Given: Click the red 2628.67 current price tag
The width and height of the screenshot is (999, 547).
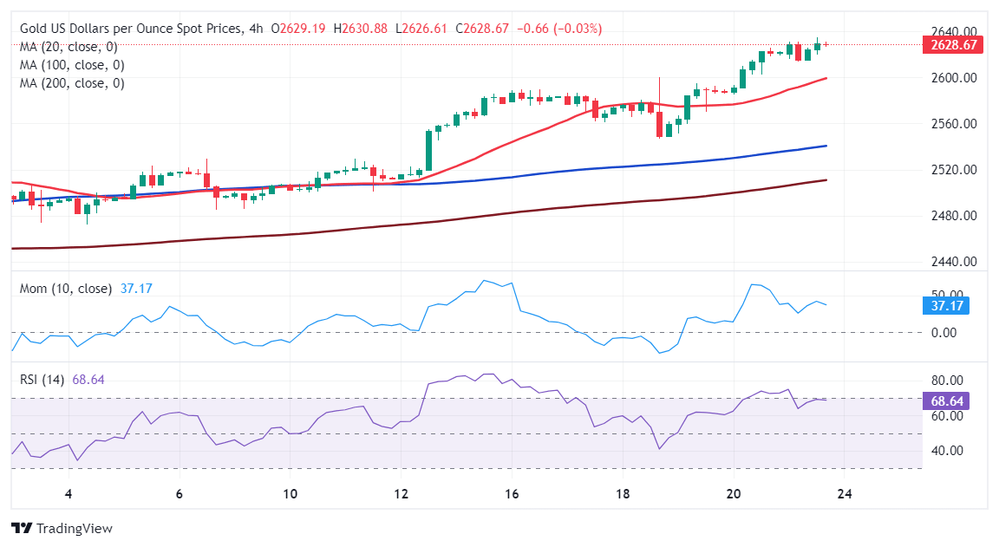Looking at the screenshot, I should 953,45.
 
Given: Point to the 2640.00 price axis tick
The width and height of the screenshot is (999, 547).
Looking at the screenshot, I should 953,32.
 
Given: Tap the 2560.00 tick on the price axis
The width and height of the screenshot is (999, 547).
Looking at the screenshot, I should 953,124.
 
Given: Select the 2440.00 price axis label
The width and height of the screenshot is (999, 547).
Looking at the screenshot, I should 953,262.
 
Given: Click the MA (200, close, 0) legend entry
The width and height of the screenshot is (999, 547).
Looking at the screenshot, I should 72,83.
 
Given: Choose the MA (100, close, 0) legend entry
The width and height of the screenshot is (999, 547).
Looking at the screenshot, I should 72,65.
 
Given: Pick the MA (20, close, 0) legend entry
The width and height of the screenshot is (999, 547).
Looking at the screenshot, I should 69,47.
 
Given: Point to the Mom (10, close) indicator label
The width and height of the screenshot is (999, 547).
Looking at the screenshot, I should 66,288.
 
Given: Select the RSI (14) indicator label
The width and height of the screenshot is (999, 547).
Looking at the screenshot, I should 42,380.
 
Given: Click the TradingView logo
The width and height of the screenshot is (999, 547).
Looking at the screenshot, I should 62,528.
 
